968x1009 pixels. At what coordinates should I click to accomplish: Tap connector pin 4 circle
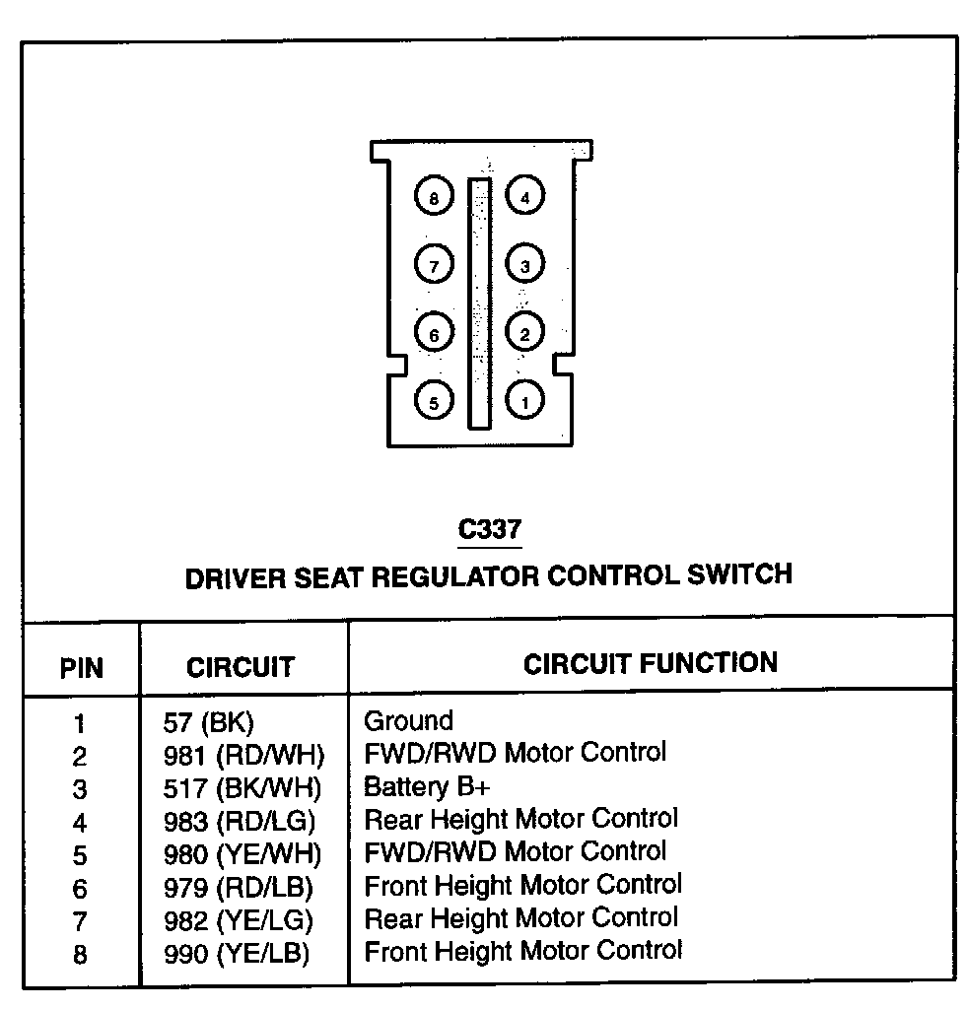pyautogui.click(x=524, y=197)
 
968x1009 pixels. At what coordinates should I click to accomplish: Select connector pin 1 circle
pyautogui.click(x=524, y=400)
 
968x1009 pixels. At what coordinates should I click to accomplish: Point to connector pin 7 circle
pyautogui.click(x=434, y=265)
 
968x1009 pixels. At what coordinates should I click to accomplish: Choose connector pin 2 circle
pyautogui.click(x=524, y=334)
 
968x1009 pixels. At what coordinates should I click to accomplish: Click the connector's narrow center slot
pyautogui.click(x=479, y=303)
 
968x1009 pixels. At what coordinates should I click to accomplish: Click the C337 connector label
pyautogui.click(x=489, y=530)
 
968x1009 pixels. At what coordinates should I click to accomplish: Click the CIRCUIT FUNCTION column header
pyautogui.click(x=650, y=663)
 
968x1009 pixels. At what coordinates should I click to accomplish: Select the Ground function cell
pyautogui.click(x=408, y=721)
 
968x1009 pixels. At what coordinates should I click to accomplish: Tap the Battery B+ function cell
pyautogui.click(x=427, y=787)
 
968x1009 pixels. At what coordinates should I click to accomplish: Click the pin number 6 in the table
pyautogui.click(x=80, y=889)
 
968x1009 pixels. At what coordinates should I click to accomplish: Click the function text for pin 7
pyautogui.click(x=520, y=919)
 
